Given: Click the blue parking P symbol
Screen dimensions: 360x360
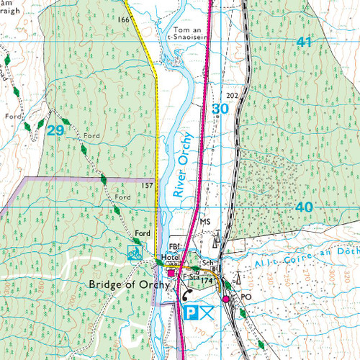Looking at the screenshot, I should tap(189, 312).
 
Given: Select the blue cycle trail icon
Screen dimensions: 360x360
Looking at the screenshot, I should tap(133, 252).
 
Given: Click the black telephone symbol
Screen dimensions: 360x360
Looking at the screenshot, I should tap(184, 292).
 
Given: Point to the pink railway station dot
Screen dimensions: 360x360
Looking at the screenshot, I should tap(225, 298).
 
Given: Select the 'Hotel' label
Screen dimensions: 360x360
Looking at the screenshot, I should tap(170, 256).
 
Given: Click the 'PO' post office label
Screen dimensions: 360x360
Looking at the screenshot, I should tap(247, 296).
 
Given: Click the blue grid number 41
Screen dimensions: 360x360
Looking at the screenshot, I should tap(304, 42).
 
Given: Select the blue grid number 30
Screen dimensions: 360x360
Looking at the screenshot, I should tap(220, 109).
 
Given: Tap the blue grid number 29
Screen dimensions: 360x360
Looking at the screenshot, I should tap(54, 130).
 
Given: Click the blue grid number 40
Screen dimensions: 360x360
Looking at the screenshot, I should tap(304, 207).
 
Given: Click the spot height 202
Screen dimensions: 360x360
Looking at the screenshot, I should tap(231, 95).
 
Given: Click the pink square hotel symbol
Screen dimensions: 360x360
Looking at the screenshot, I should tap(171, 273).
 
